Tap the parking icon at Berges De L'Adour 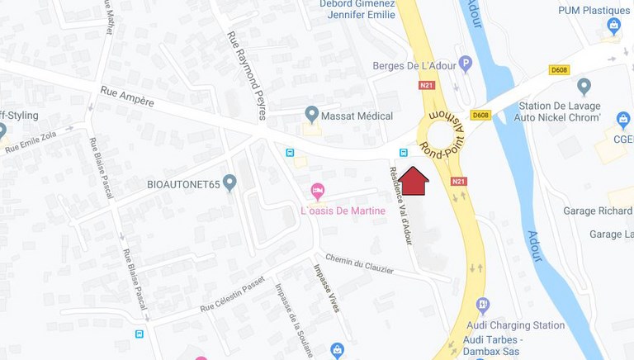466,62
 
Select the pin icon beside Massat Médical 312,113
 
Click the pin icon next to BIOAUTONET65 229,182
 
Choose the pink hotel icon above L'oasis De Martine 318,192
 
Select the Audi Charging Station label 515,325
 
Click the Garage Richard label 597,211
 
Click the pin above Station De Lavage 584,85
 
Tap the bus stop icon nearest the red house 403,153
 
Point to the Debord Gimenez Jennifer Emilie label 357,8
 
